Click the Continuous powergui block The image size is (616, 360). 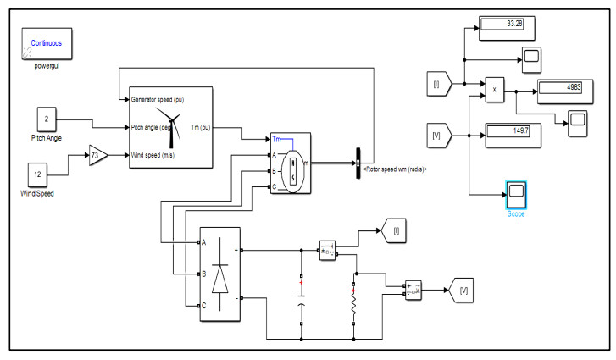pos(48,43)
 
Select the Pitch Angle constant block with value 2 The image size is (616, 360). pos(47,120)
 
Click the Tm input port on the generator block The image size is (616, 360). pos(281,139)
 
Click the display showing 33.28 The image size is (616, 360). pos(502,24)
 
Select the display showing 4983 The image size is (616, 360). pos(561,87)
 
